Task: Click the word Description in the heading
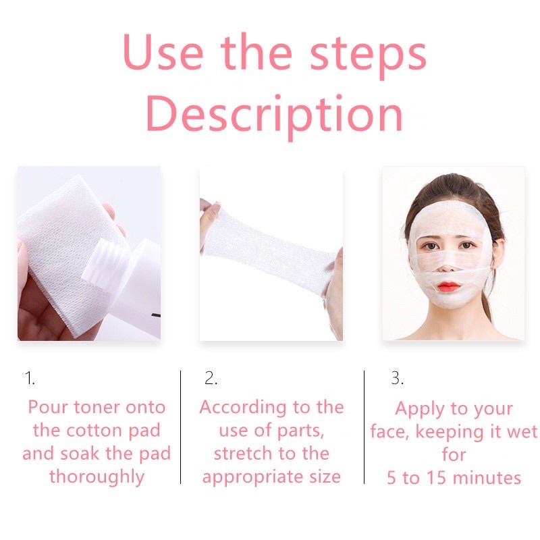(274, 115)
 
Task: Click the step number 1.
(30, 379)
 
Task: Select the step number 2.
(211, 379)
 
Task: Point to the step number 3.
(397, 379)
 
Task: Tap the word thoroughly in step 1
(97, 477)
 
